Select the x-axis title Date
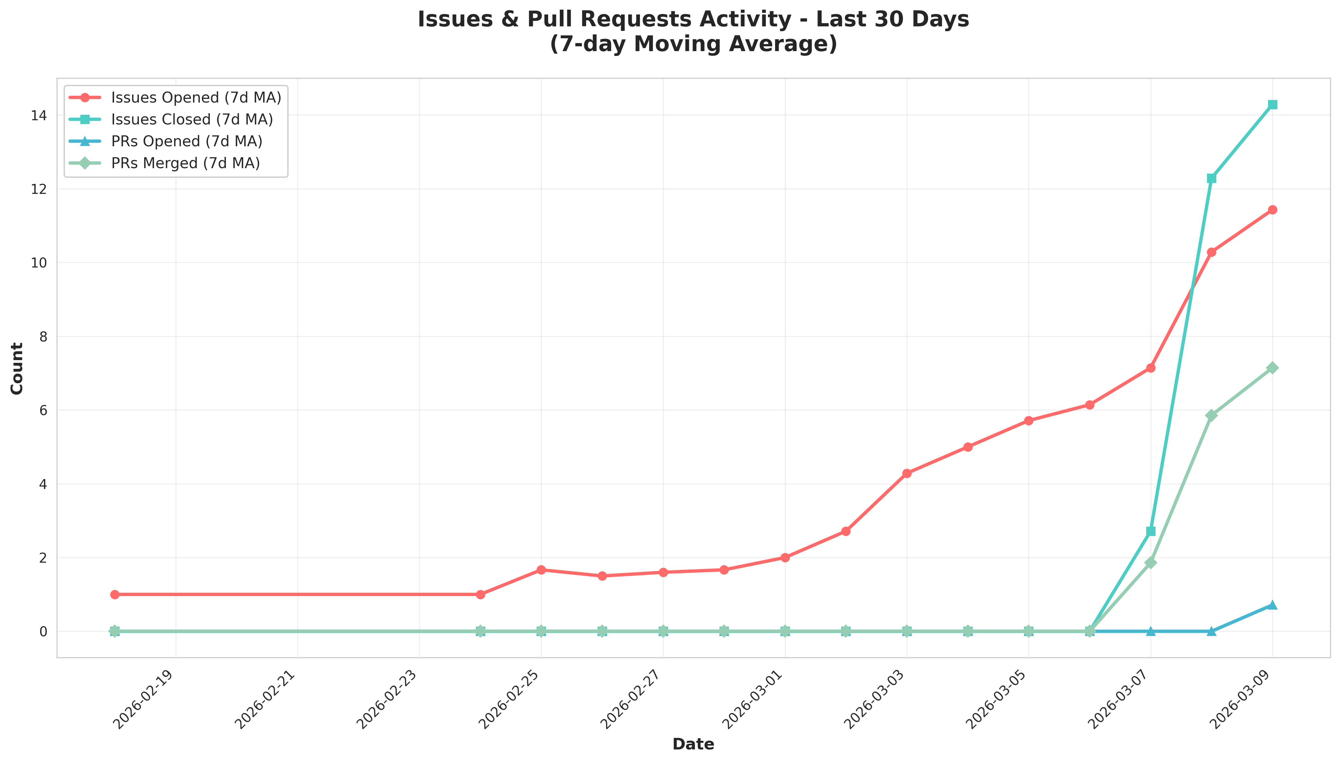693,744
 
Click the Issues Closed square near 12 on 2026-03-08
1211,178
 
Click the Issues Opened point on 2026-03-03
907,473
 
